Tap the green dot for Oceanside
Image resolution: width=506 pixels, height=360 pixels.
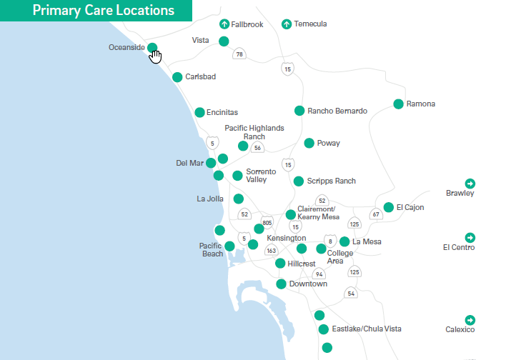(152, 48)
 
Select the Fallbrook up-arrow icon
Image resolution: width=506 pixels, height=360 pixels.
(224, 24)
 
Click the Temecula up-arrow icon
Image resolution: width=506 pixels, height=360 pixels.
(287, 24)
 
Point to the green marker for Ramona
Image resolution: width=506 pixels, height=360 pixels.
(398, 104)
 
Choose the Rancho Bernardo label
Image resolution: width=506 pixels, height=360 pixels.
(337, 111)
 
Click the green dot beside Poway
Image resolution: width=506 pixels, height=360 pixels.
(309, 143)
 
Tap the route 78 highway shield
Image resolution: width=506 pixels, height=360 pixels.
(239, 54)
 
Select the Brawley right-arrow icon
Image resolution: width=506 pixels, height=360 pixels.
(470, 183)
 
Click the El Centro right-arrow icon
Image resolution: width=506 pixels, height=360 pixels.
(470, 237)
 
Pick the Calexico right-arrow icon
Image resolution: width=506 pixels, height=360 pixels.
(470, 319)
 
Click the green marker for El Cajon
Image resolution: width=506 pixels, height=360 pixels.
(388, 207)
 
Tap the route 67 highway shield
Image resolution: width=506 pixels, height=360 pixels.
(375, 214)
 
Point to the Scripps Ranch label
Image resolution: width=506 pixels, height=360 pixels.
(331, 181)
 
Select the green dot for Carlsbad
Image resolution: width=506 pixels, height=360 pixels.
(177, 76)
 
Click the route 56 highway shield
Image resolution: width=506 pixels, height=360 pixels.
(257, 148)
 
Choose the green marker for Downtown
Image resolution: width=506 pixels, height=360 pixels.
(281, 284)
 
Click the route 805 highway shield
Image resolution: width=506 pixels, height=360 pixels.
(267, 222)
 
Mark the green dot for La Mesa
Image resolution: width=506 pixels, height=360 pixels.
(344, 241)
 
